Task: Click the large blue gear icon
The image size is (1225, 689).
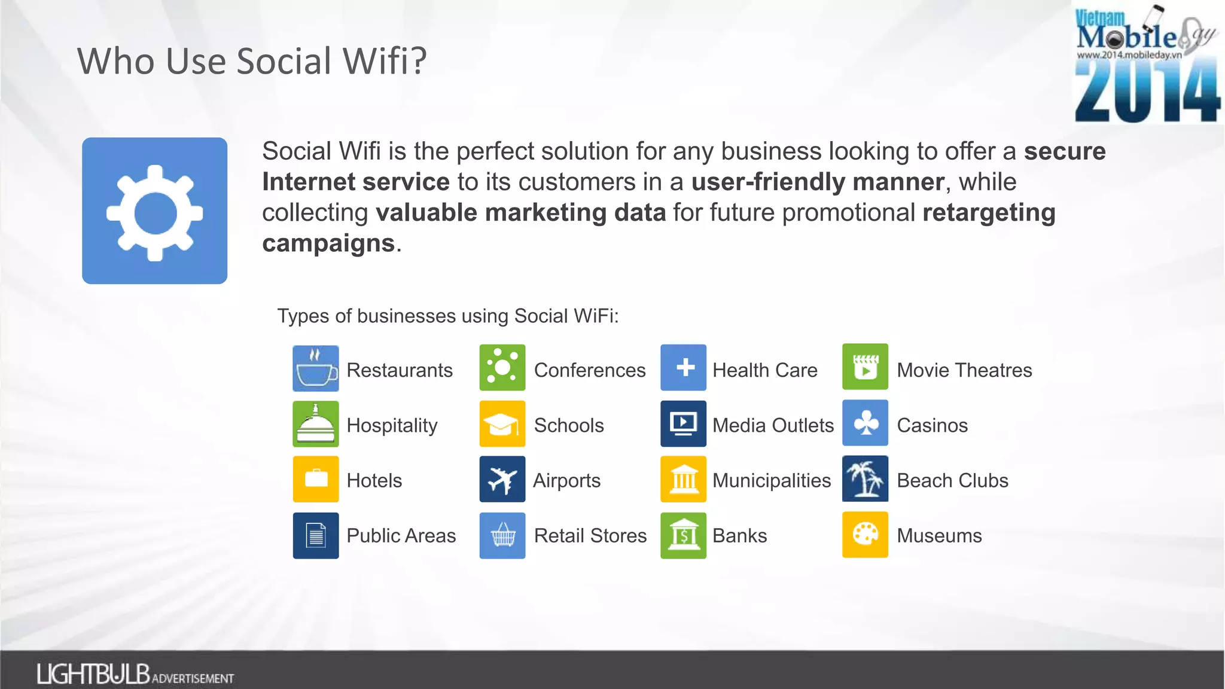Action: point(154,211)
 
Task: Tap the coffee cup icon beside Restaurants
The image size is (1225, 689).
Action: point(316,368)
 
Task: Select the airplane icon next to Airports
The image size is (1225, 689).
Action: point(502,479)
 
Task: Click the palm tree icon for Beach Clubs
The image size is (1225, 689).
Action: point(865,478)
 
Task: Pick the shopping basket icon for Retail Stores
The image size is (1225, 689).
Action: point(502,535)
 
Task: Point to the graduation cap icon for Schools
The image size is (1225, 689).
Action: point(502,424)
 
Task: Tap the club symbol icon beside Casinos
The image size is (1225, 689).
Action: point(865,423)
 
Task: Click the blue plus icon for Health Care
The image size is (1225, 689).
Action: point(684,367)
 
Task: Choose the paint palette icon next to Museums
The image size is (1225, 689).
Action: point(865,534)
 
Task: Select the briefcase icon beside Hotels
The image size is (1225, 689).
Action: point(316,479)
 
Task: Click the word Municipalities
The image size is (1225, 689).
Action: point(772,480)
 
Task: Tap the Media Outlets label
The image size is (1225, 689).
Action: point(773,425)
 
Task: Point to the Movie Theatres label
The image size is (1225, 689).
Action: point(964,370)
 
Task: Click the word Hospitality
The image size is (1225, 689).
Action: point(392,425)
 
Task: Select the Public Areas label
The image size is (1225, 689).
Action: point(401,535)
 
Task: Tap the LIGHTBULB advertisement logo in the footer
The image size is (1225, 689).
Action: point(135,674)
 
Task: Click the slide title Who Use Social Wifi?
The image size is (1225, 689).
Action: point(252,61)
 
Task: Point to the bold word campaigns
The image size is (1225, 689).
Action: point(328,243)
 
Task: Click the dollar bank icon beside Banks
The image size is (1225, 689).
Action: point(684,535)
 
